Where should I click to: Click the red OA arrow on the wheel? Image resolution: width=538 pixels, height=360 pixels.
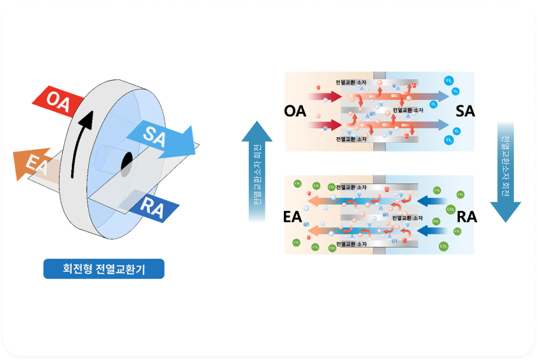point(58,102)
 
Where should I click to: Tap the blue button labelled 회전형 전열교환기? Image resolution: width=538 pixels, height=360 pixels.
point(104,269)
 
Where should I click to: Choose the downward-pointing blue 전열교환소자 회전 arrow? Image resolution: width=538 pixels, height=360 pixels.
point(506,171)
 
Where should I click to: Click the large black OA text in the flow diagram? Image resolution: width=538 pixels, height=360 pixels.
point(295,112)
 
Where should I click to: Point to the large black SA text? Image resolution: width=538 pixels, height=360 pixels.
point(466,112)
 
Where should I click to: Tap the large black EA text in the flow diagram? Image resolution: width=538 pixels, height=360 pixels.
point(292,217)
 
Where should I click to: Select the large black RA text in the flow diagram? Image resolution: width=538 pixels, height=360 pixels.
point(467,217)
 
